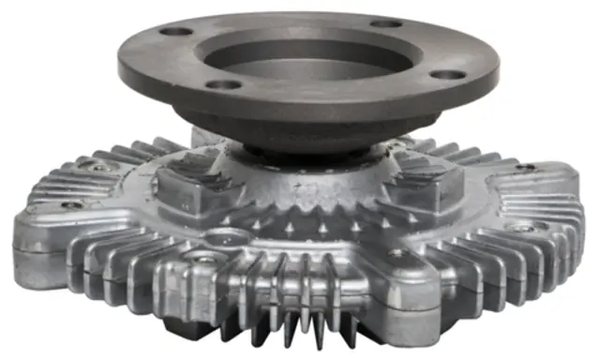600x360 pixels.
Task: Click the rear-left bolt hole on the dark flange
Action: [x=173, y=32]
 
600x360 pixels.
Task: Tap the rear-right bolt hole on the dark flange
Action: [x=384, y=23]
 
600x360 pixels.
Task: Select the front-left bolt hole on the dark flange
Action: [x=224, y=84]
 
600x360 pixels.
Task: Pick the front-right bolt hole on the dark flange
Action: [x=448, y=74]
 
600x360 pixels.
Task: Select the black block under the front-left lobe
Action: [x=178, y=329]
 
